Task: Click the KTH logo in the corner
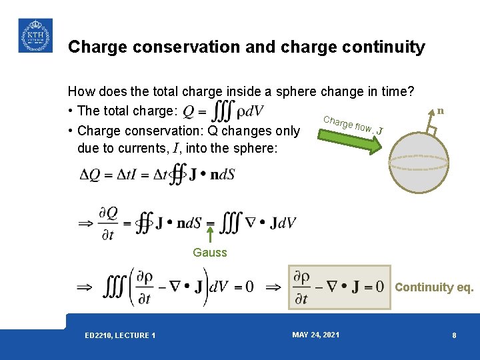[35, 35]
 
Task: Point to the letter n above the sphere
[441, 111]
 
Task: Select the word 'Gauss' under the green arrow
[210, 253]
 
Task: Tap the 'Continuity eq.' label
[434, 288]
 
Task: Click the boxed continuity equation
[339, 287]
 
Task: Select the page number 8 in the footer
[454, 335]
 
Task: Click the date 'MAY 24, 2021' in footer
[315, 335]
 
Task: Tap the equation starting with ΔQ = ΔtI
[157, 175]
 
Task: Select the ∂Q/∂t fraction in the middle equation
[108, 223]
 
